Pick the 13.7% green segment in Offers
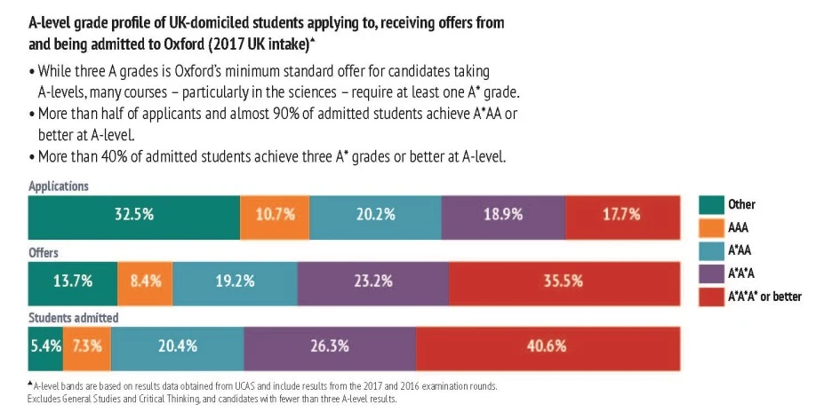(x=72, y=281)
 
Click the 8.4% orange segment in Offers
(x=145, y=281)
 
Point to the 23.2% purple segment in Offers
(x=373, y=281)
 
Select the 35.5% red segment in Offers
(x=564, y=281)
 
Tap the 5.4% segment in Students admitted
(x=44, y=346)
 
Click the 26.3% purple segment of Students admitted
(x=330, y=346)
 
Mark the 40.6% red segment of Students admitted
(x=548, y=346)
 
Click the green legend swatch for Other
(x=710, y=205)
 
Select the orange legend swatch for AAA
(x=710, y=228)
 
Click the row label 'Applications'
(x=59, y=186)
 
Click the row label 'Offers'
(x=44, y=252)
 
